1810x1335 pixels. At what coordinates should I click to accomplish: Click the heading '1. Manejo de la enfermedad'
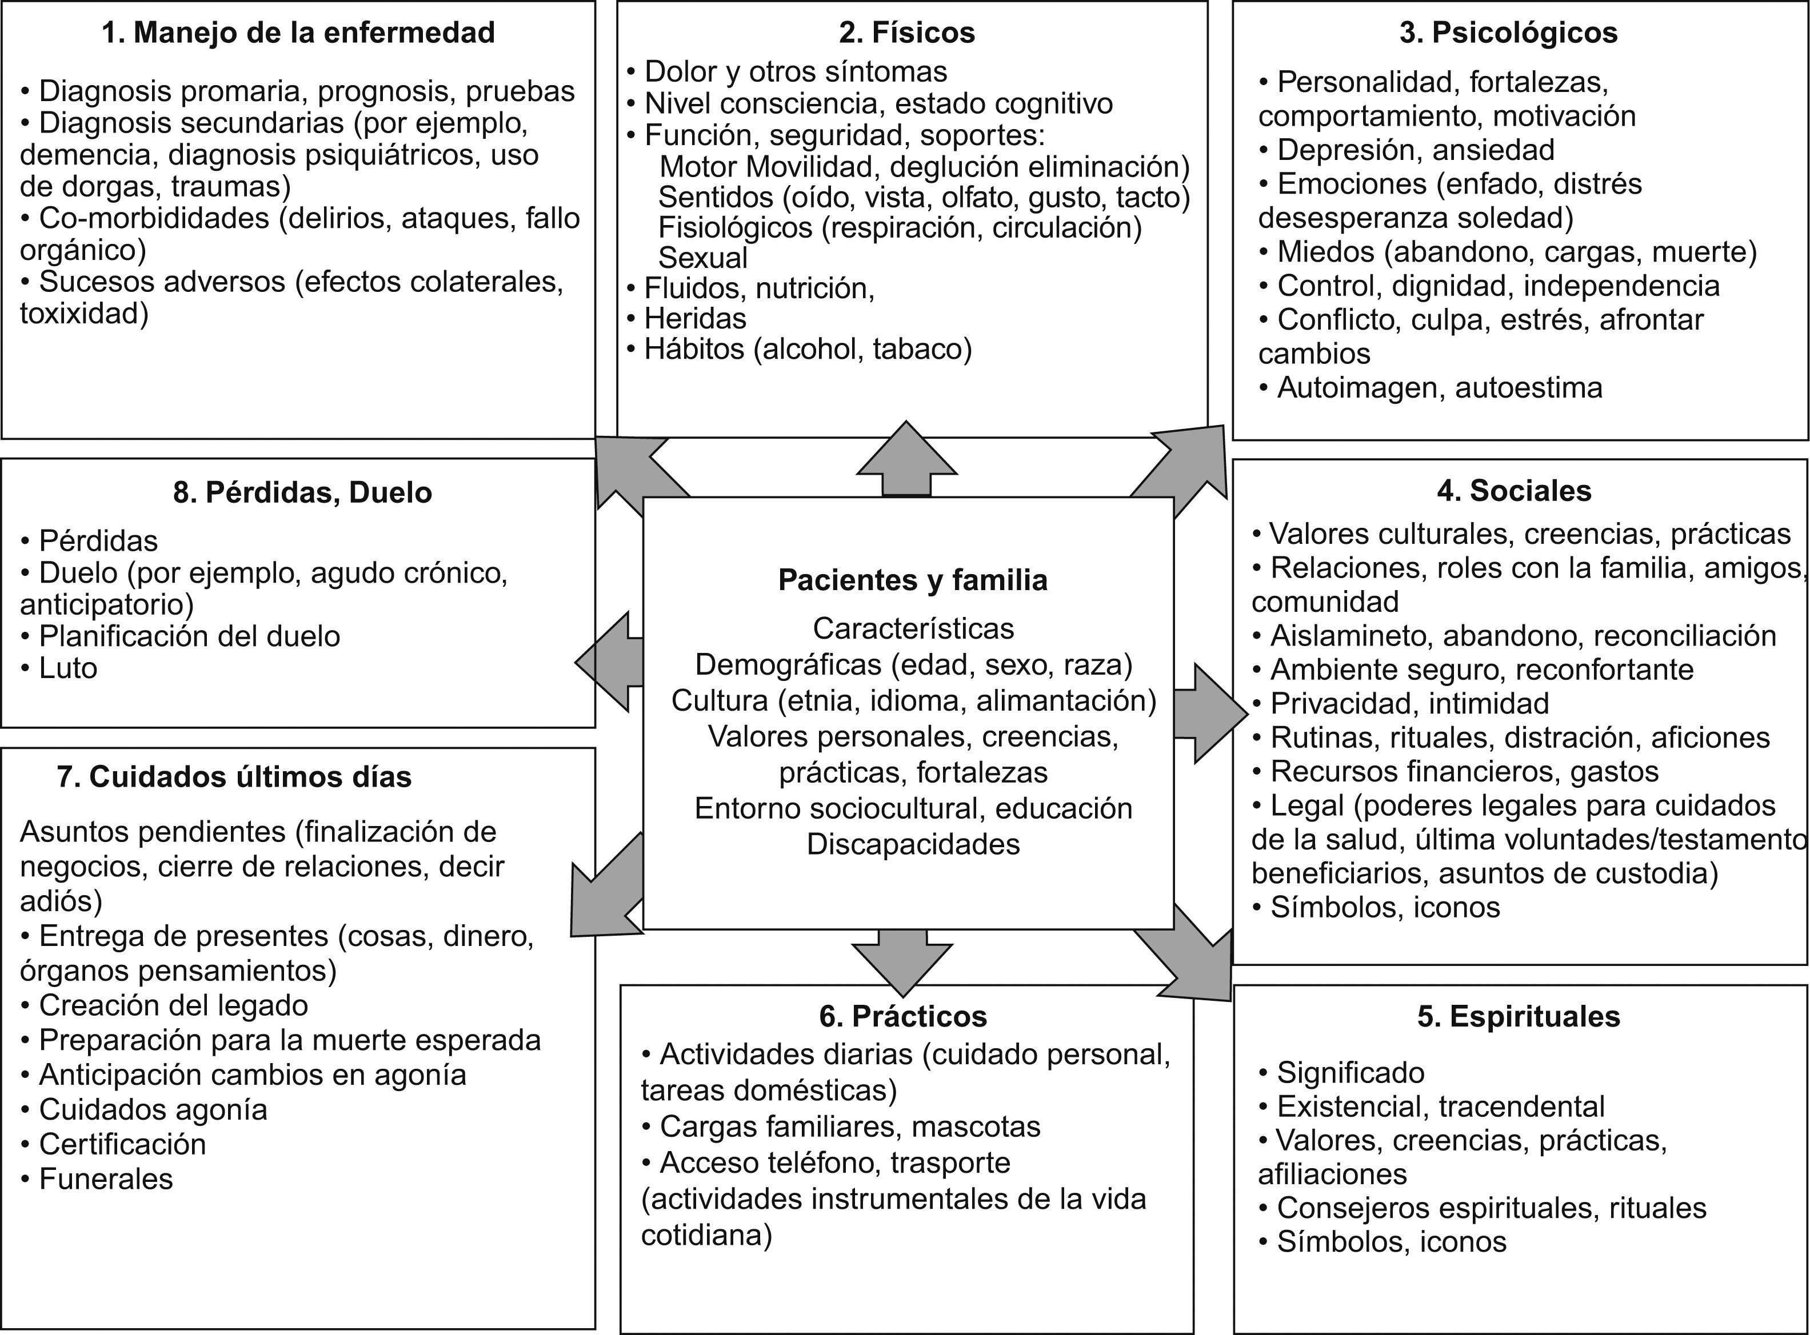point(298,33)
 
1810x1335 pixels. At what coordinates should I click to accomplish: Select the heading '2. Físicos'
point(907,33)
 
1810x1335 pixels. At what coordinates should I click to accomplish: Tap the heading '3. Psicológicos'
point(1508,33)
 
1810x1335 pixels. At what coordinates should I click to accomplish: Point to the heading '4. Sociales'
point(1514,491)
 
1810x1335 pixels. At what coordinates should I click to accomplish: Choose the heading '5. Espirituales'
point(1518,1016)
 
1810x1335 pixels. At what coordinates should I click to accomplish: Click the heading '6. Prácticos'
point(903,1016)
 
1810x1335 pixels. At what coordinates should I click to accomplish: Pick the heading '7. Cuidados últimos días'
point(234,776)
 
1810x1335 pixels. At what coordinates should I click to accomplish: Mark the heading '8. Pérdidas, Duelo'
point(302,492)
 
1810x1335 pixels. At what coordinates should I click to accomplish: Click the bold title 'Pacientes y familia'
point(913,580)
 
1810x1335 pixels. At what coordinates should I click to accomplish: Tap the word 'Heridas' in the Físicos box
point(695,318)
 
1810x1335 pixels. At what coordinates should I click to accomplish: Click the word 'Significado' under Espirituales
point(1350,1072)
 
